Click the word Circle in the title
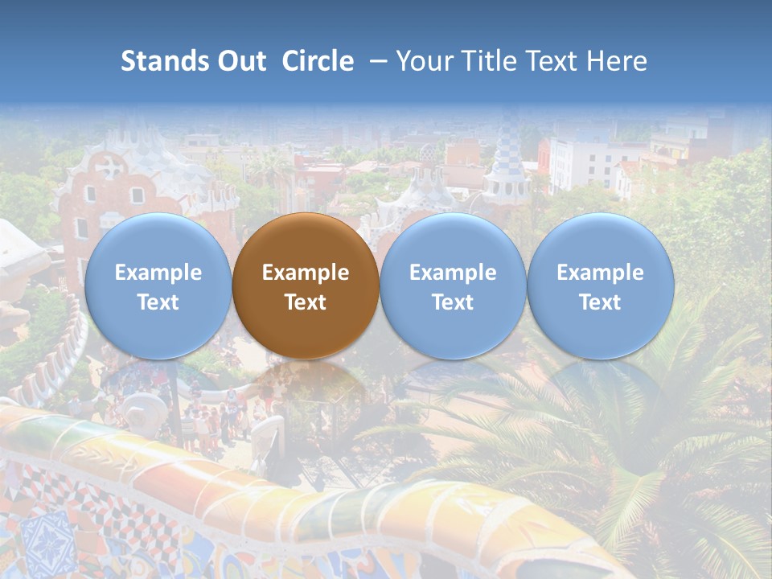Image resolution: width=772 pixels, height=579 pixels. pyautogui.click(x=318, y=61)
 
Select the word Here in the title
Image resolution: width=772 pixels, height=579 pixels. pyautogui.click(x=615, y=61)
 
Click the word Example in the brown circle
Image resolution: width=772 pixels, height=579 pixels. pyautogui.click(x=305, y=273)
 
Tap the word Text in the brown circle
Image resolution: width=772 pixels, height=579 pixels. pyautogui.click(x=305, y=302)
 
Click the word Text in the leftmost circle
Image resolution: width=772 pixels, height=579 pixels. pyautogui.click(x=158, y=302)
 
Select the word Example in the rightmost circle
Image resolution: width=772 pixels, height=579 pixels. pyautogui.click(x=600, y=273)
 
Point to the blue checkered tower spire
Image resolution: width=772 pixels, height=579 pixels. pyautogui.click(x=507, y=153)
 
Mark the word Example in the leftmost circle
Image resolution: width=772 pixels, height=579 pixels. pyautogui.click(x=158, y=273)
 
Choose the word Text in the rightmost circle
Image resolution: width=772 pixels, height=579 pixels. pyautogui.click(x=600, y=302)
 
